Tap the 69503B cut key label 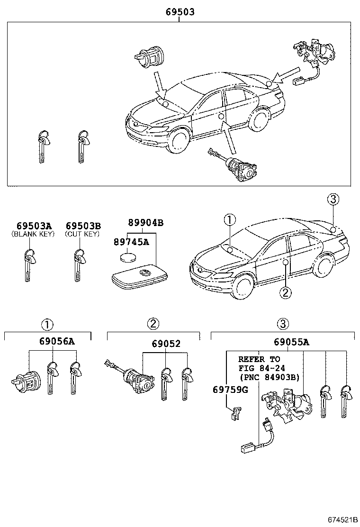[83, 226]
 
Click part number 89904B [145, 222]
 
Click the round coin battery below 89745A [126, 258]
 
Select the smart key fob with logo [140, 276]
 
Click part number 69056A [54, 340]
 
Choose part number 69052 [166, 343]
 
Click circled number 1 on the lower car [229, 219]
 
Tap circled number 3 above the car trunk [333, 200]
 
